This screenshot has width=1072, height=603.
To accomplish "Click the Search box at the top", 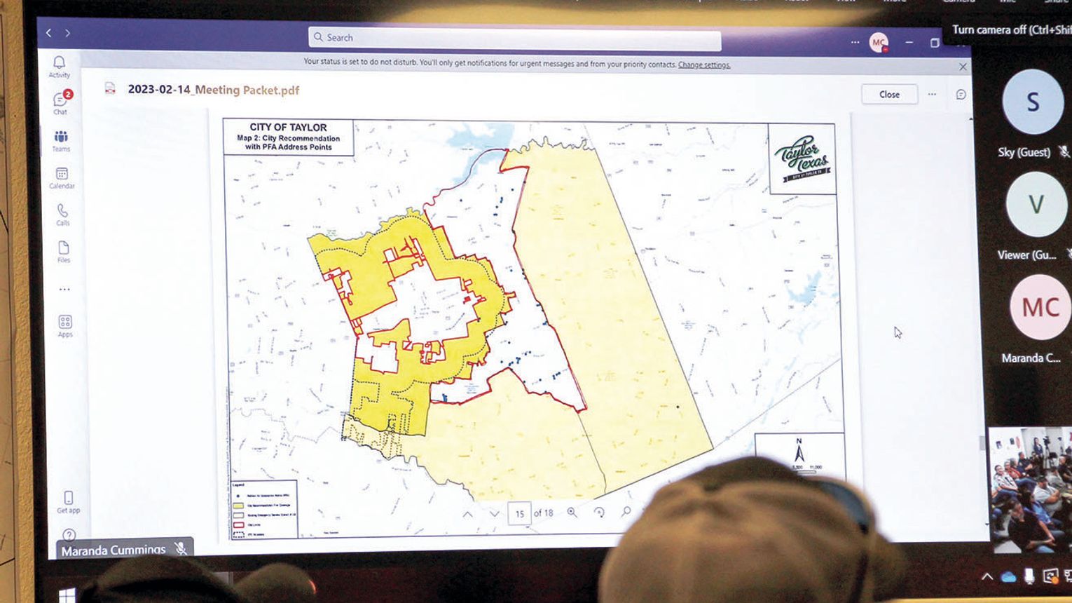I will (514, 38).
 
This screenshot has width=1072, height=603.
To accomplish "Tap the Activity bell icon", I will (60, 63).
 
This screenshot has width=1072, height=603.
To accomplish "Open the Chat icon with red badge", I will (61, 100).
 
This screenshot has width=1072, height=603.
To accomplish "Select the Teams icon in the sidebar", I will (61, 137).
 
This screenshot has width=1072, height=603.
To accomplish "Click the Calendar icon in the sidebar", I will (62, 174).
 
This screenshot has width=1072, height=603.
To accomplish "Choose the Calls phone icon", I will (63, 211).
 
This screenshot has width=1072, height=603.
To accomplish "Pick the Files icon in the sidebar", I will (64, 248).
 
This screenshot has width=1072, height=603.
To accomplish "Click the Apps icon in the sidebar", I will (65, 323).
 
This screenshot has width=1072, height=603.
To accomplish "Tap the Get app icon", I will (68, 499).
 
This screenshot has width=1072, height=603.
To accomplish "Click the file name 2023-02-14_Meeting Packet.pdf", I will (213, 90).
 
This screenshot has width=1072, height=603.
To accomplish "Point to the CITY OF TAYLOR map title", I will (288, 128).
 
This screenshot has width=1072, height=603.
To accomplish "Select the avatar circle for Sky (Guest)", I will (1032, 102).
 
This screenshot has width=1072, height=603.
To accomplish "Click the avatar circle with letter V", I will (1036, 205).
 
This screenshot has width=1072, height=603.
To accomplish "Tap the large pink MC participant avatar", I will (1040, 308).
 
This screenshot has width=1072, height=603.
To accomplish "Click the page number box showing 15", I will (519, 513).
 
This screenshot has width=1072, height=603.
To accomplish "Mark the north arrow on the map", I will (798, 451).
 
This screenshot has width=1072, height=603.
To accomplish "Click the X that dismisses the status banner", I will (963, 67).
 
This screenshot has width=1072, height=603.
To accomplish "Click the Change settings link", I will (703, 65).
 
